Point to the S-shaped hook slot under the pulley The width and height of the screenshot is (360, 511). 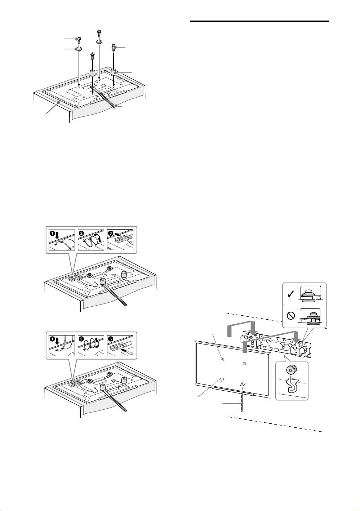pyautogui.click(x=292, y=386)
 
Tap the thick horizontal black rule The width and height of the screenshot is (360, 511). pyautogui.click(x=259, y=22)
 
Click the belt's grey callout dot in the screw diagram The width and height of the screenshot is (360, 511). pyautogui.click(x=116, y=106)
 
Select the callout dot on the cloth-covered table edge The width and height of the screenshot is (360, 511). pyautogui.click(x=59, y=103)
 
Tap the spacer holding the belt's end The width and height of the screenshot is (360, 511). pyautogui.click(x=92, y=74)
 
